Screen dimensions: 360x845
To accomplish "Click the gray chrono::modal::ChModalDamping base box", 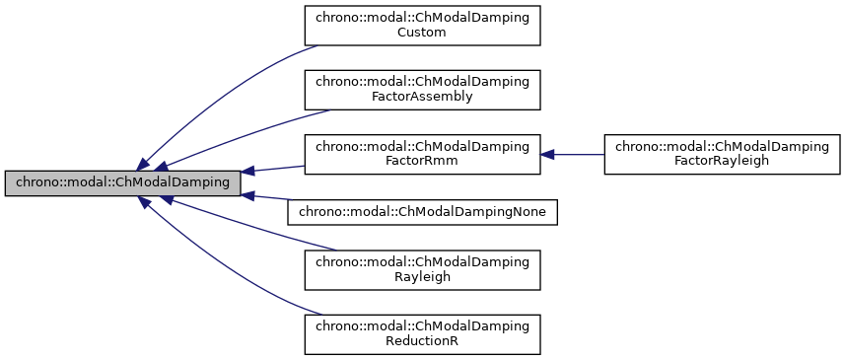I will click(x=122, y=182).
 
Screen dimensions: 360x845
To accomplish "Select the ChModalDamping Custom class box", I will click(x=422, y=25).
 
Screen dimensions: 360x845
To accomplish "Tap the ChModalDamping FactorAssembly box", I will click(x=422, y=89).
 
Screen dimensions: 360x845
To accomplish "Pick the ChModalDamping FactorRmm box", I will click(x=422, y=154).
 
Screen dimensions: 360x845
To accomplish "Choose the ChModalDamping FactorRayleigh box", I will click(x=722, y=154).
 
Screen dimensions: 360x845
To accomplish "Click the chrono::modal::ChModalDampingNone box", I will click(x=422, y=210).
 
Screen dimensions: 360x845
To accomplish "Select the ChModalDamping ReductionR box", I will click(x=422, y=334).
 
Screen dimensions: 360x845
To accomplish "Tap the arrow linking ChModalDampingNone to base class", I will click(x=271, y=199).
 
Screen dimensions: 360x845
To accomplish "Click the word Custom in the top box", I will click(x=422, y=33).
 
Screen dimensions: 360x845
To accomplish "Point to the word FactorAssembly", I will click(x=422, y=97).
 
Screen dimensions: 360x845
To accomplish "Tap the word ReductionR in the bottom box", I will click(x=422, y=342).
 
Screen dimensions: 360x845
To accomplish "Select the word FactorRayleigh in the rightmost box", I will click(x=722, y=162).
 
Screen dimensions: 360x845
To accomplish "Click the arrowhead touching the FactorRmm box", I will click(x=547, y=154).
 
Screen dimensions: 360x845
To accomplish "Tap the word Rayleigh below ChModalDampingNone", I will click(x=422, y=278).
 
